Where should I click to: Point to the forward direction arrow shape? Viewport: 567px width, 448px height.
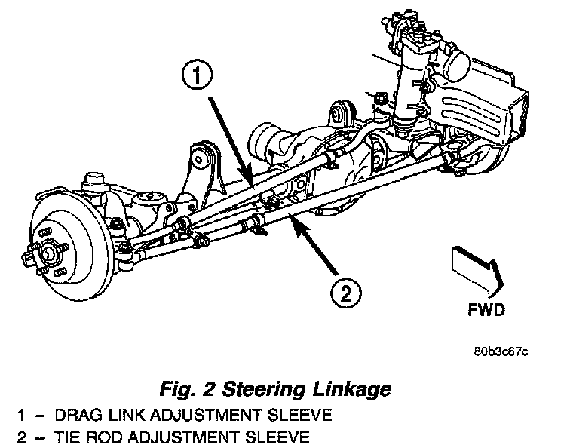[x=474, y=268]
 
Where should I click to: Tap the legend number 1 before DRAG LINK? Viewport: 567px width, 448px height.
[x=16, y=416]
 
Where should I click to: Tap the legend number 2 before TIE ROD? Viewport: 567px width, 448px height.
[x=16, y=436]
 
